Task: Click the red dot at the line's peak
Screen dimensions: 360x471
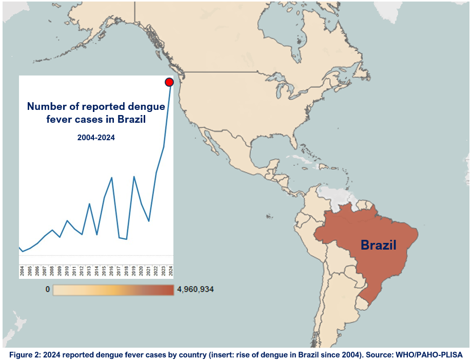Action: (169, 82)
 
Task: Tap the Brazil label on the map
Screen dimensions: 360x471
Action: (379, 245)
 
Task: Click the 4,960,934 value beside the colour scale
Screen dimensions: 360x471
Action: (195, 290)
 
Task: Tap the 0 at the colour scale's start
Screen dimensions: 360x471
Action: (48, 290)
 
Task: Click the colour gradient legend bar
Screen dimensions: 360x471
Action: (113, 290)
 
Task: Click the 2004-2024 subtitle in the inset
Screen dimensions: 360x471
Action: (96, 137)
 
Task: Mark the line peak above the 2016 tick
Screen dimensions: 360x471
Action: (112, 178)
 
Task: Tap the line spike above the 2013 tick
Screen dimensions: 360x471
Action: (89, 204)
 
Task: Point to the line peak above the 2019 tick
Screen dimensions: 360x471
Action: (134, 177)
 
